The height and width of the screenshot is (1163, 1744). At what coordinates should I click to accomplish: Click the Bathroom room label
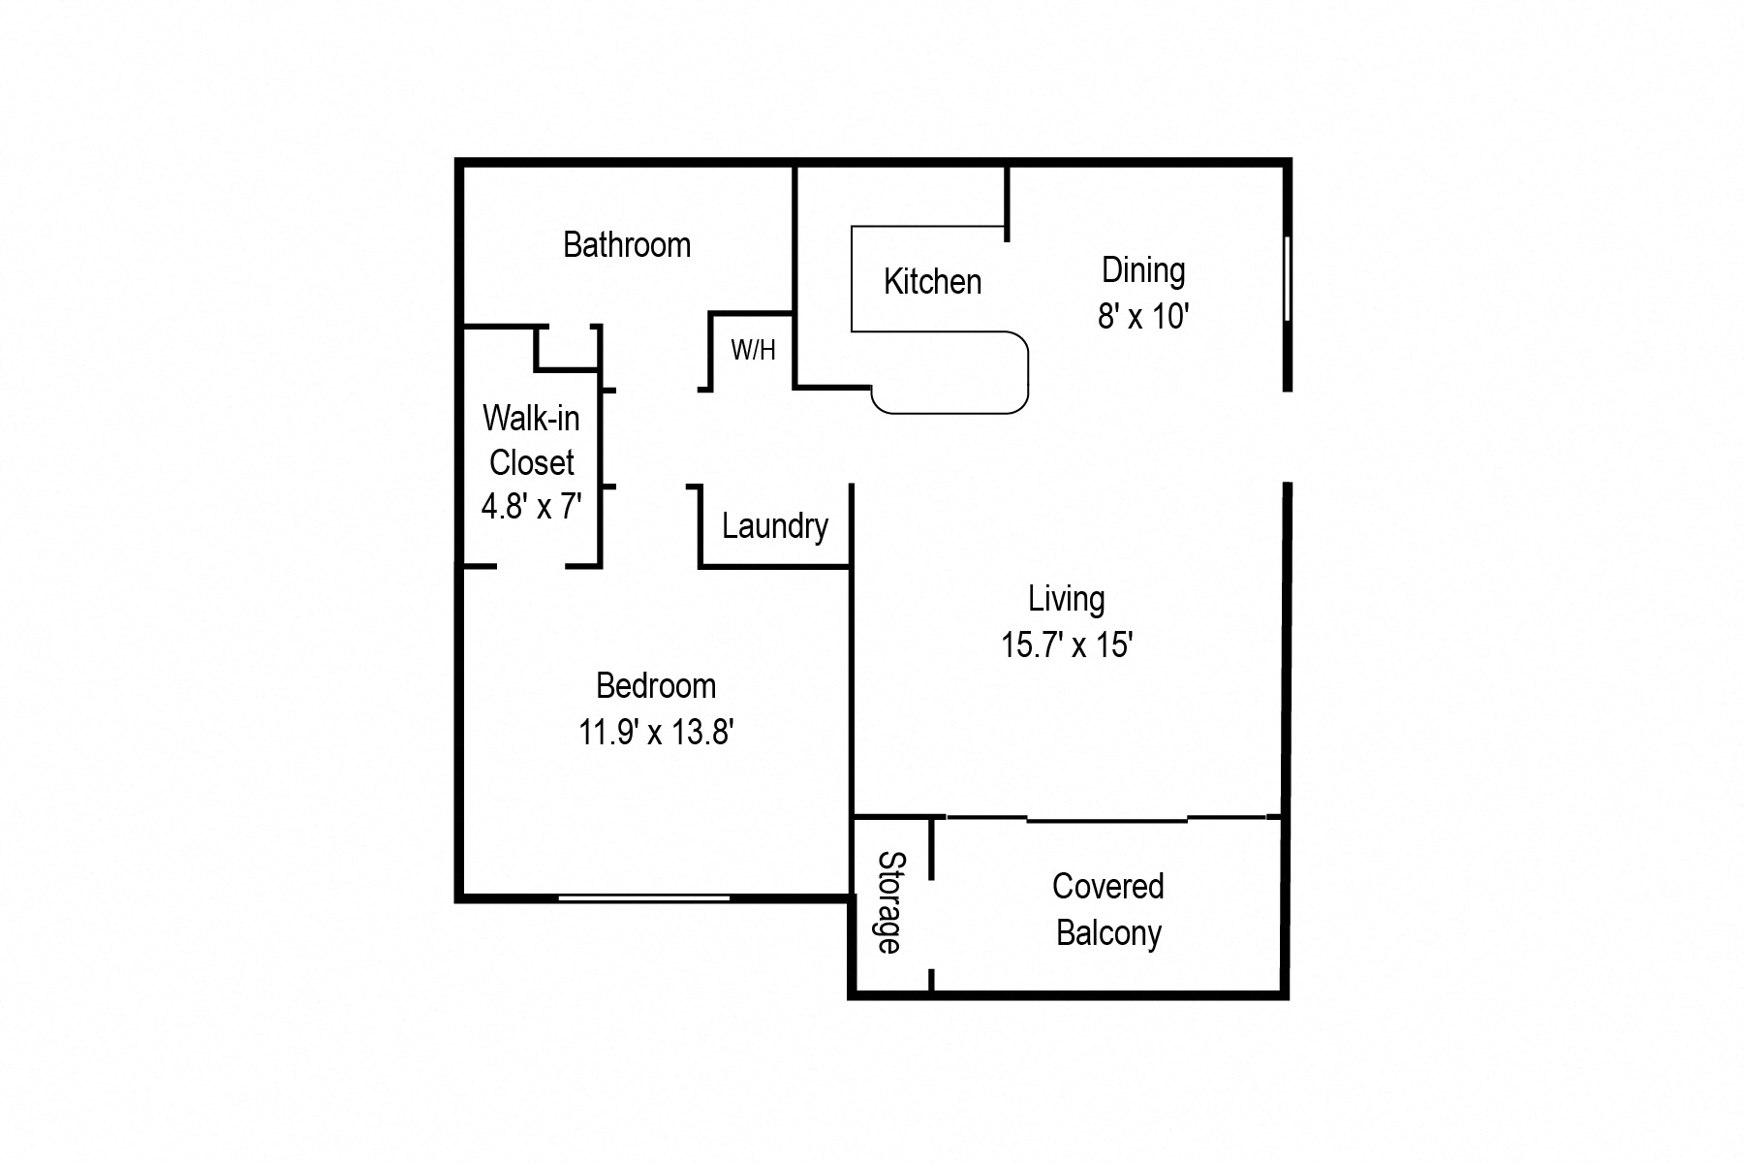point(627,245)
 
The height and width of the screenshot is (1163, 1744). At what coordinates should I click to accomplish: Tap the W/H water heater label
point(753,350)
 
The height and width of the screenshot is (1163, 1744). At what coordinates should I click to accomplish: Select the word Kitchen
point(932,282)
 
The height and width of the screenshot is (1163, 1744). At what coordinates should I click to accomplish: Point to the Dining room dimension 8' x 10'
point(1142,316)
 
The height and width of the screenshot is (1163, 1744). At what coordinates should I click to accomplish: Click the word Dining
point(1143,270)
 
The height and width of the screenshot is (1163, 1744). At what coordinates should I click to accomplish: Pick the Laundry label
point(775,526)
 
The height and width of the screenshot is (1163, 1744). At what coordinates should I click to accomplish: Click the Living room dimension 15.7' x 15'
point(1067,644)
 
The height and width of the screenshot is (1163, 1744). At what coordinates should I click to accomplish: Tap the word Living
point(1066,599)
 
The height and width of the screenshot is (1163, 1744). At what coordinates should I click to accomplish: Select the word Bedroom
point(656,686)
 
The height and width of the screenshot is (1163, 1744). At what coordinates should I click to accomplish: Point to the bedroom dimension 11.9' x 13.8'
point(656,732)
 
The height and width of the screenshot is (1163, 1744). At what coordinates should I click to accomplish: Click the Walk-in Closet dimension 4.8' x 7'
point(531,506)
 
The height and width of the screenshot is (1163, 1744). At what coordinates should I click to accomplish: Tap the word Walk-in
point(531,419)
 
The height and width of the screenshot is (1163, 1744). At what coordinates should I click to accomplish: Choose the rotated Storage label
point(889,902)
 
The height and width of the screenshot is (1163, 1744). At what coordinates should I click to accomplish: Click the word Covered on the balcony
point(1107,887)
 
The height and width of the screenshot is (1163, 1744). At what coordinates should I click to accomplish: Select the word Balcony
point(1108,933)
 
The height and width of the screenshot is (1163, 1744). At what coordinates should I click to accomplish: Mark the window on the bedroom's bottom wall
point(644,898)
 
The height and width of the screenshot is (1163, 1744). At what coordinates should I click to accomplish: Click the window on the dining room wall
point(1288,278)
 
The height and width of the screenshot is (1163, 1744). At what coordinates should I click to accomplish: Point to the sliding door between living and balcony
point(1106,820)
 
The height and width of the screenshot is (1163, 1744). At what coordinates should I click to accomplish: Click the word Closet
point(531,462)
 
